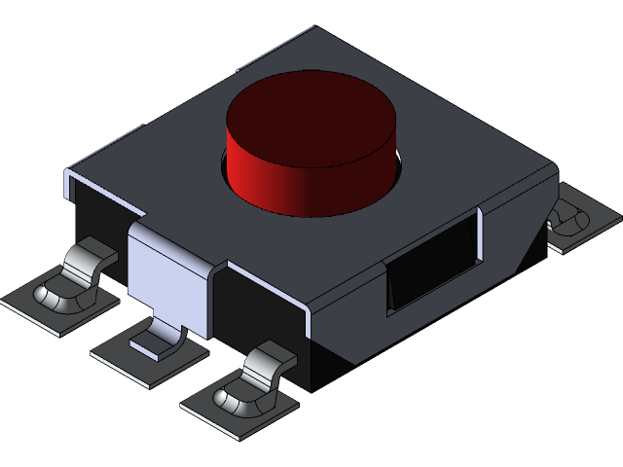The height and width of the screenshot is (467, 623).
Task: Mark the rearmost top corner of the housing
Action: click(314, 29)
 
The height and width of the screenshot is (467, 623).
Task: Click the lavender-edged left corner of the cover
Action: click(70, 179)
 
